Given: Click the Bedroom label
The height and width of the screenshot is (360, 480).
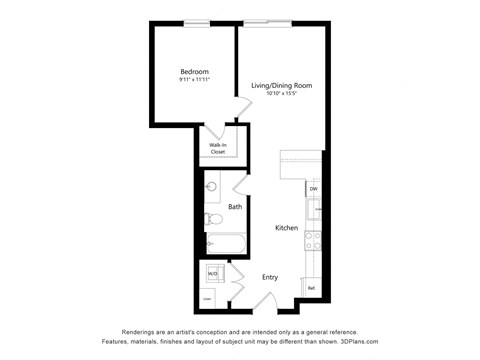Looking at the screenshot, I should pyautogui.click(x=193, y=72).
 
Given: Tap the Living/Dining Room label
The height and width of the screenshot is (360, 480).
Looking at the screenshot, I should pyautogui.click(x=282, y=86).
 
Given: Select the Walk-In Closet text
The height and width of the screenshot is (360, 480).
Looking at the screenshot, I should pyautogui.click(x=216, y=148).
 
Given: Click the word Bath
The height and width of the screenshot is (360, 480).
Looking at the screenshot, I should pyautogui.click(x=235, y=207).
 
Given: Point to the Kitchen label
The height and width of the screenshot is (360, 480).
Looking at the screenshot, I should pyautogui.click(x=287, y=228).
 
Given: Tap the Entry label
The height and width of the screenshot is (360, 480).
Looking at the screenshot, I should pyautogui.click(x=270, y=277).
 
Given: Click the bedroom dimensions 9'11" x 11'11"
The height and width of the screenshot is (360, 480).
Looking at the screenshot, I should pyautogui.click(x=193, y=81).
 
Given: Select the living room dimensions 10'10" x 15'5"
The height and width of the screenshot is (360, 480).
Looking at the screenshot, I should pyautogui.click(x=282, y=95).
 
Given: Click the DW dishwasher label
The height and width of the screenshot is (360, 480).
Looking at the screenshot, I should pyautogui.click(x=313, y=188).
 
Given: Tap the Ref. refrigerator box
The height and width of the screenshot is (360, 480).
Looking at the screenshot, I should pyautogui.click(x=312, y=287).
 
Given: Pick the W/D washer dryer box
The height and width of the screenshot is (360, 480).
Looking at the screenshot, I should pyautogui.click(x=212, y=273).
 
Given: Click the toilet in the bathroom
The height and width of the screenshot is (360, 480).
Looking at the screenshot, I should pyautogui.click(x=212, y=219).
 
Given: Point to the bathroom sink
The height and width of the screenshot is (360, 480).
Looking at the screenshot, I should pyautogui.click(x=211, y=186).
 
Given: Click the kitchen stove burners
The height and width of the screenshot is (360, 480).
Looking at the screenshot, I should pyautogui.click(x=312, y=240).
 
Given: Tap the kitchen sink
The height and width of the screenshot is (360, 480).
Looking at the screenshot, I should pyautogui.click(x=312, y=209).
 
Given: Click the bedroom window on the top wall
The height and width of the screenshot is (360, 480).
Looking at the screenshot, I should pyautogui.click(x=197, y=25).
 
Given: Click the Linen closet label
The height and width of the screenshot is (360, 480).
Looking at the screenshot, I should pyautogui.click(x=208, y=298).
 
